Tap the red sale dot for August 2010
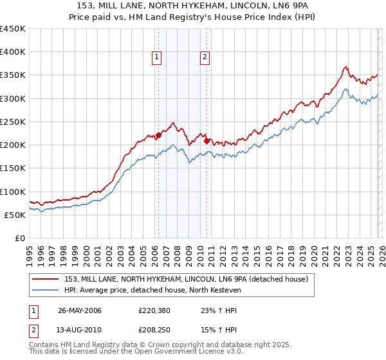click(x=207, y=141)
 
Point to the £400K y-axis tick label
click(x=13, y=52)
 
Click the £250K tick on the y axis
click(x=13, y=122)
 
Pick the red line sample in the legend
click(x=46, y=279)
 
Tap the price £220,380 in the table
click(x=153, y=310)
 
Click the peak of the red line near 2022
click(x=345, y=67)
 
